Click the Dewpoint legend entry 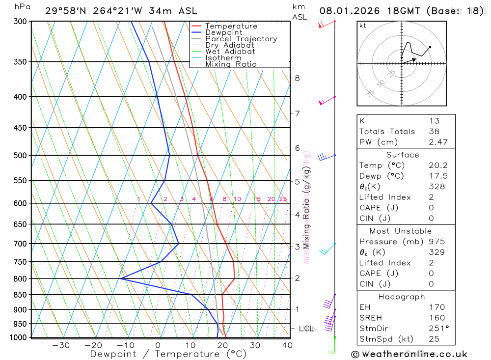pyautogui.click(x=224, y=32)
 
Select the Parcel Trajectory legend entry pyautogui.click(x=241, y=39)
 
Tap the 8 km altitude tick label pyautogui.click(x=297, y=78)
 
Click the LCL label pyautogui.click(x=306, y=328)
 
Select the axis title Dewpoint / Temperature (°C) pyautogui.click(x=168, y=354)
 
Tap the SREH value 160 pyautogui.click(x=436, y=318)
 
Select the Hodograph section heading pyautogui.click(x=402, y=297)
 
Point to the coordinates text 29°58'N pyautogui.click(x=64, y=11)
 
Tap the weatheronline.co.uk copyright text pyautogui.click(x=409, y=354)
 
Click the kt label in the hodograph pyautogui.click(x=363, y=26)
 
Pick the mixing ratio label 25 pyautogui.click(x=283, y=199)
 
